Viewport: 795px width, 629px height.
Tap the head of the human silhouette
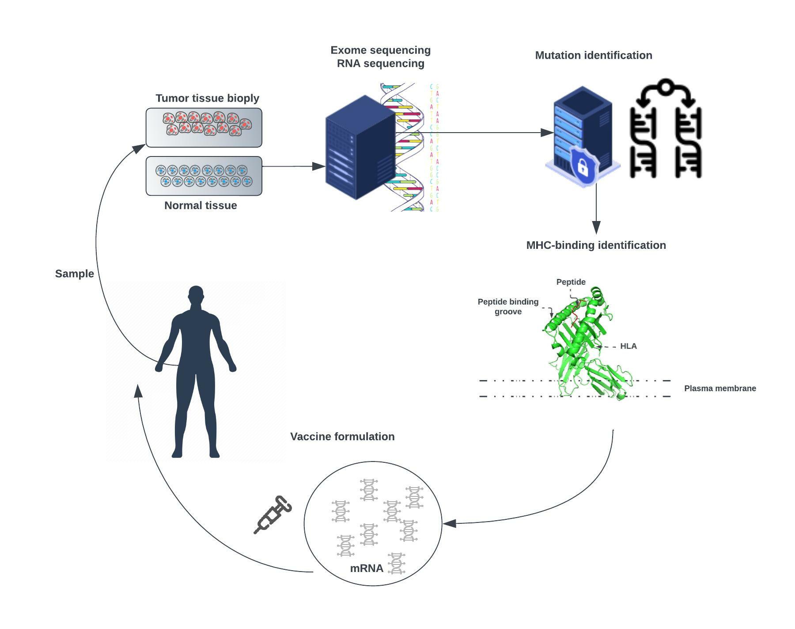196,295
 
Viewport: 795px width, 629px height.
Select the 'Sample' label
74,274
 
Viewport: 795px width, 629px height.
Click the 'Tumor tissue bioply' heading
207,98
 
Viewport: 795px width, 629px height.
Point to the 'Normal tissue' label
201,206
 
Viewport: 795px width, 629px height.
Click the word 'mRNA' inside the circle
367,568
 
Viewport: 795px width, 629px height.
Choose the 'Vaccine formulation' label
342,437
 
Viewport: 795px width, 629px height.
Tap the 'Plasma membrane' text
720,389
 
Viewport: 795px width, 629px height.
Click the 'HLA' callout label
628,346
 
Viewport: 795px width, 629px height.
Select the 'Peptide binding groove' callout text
508,307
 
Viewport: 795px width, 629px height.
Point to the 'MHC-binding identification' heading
596,245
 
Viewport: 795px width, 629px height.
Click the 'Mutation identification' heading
593,55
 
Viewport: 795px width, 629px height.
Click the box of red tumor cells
204,127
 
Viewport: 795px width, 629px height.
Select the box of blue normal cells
204,176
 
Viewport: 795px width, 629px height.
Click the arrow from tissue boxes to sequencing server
293,167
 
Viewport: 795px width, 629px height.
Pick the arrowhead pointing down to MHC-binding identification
596,227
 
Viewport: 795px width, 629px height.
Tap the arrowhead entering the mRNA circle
450,523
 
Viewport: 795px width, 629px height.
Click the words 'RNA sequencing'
380,64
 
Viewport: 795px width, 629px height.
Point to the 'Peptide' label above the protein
571,282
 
